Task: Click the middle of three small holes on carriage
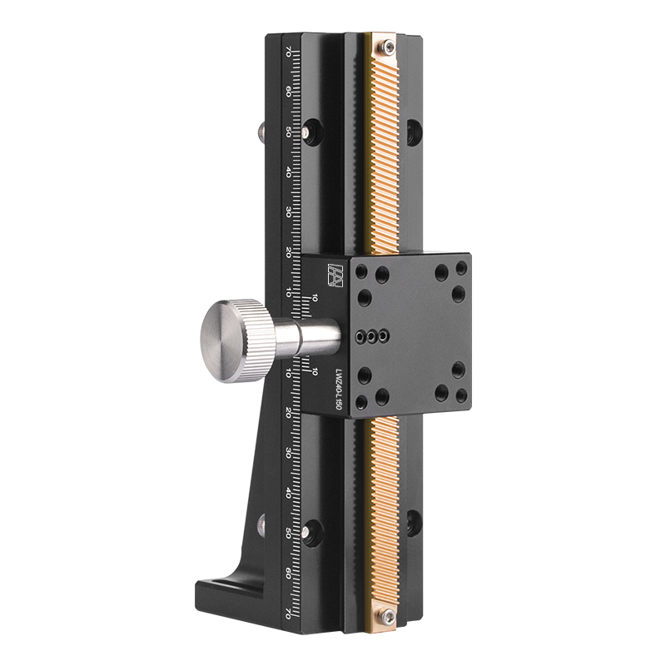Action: point(371,337)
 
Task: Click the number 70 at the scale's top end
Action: point(288,51)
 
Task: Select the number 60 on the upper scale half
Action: point(288,92)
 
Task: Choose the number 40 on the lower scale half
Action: point(288,493)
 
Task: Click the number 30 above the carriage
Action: point(288,211)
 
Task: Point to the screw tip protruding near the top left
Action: point(260,132)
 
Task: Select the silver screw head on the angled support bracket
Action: point(261,524)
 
